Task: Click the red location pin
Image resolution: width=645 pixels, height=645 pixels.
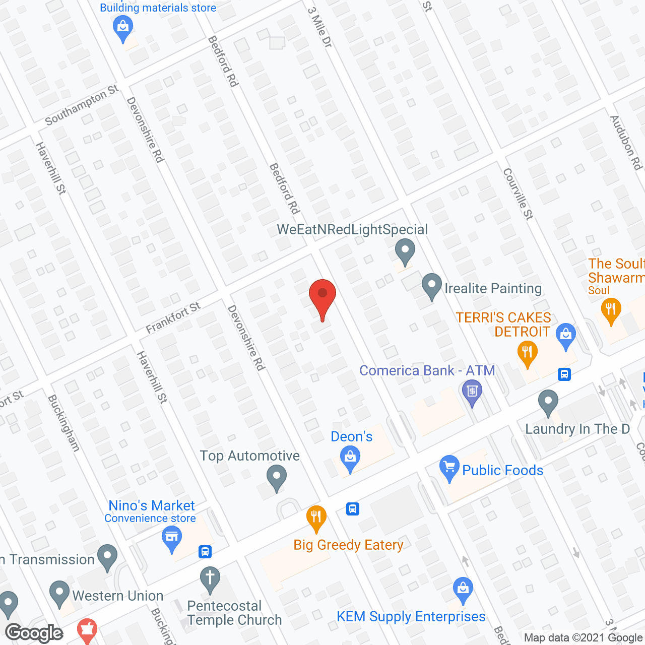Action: coord(322,297)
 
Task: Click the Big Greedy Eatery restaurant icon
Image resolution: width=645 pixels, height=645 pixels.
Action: coord(316,518)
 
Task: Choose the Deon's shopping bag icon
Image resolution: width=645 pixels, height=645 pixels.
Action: coord(350,459)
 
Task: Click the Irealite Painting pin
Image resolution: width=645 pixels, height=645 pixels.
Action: coord(431,286)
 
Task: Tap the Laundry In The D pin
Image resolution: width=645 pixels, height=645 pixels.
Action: coord(548,402)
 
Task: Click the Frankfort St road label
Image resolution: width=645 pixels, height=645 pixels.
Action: coord(173,318)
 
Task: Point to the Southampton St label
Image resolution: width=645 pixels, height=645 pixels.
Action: coord(81,105)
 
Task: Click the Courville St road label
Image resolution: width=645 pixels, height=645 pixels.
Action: coord(518,194)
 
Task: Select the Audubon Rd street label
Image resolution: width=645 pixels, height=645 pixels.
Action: coord(626,143)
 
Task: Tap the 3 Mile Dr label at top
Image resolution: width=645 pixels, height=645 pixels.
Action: coord(320,28)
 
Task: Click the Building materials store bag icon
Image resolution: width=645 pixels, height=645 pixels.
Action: coord(123,28)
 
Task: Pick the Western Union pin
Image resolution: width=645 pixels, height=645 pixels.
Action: coord(59,593)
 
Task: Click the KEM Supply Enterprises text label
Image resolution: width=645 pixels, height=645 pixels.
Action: coord(411,617)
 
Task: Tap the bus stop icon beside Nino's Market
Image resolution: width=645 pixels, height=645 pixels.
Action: coord(205,551)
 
